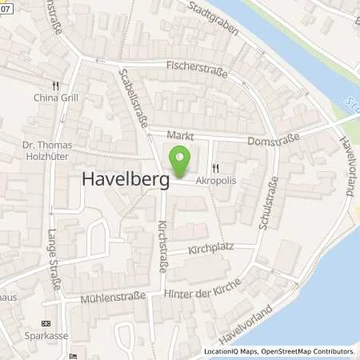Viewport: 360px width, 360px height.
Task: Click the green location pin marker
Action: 181,162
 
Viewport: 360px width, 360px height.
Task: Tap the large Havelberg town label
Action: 126,182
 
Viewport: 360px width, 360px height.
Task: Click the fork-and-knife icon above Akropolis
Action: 216,168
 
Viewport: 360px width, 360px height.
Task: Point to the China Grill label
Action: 55,99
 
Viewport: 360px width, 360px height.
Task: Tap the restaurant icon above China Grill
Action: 55,86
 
